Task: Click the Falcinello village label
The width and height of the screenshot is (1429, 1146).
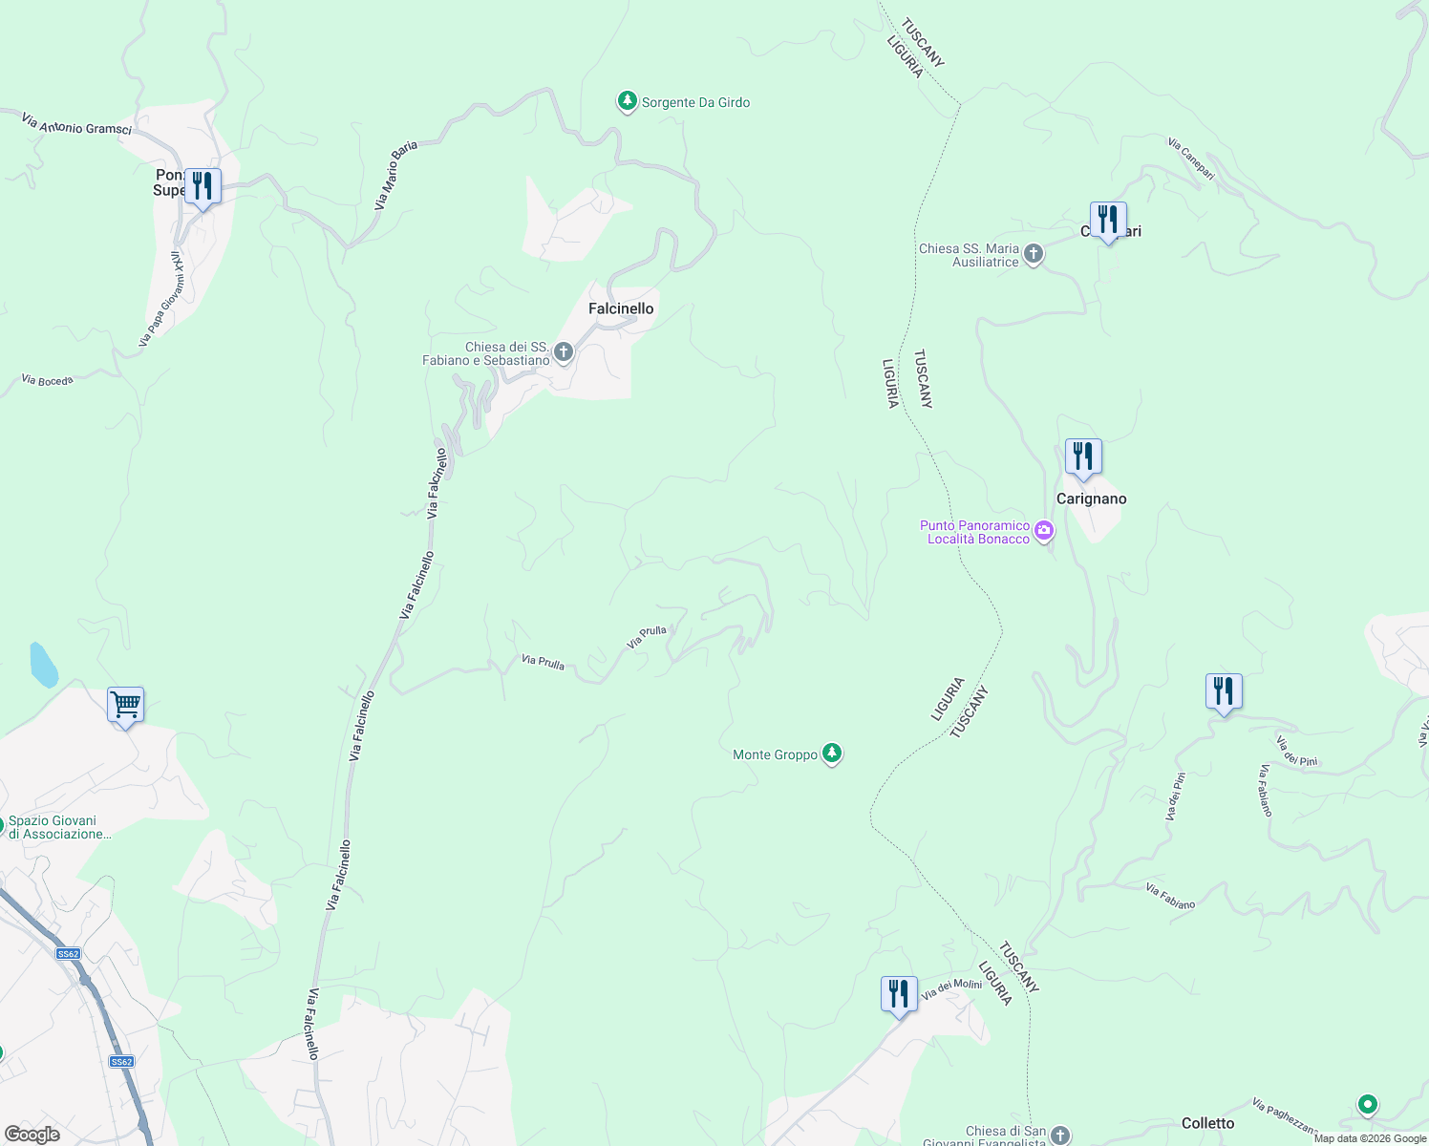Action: [x=621, y=308]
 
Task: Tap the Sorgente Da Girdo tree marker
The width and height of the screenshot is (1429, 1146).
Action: [x=627, y=101]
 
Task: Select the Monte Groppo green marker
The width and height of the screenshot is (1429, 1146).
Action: [x=832, y=754]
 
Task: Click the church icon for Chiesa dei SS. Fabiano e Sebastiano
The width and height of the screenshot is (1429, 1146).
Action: [x=564, y=353]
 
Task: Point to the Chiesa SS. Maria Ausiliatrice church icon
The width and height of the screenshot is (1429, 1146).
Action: [x=1033, y=254]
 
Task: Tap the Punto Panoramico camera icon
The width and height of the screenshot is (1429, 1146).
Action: [x=1044, y=531]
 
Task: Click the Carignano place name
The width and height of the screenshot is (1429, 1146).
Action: [x=1091, y=499]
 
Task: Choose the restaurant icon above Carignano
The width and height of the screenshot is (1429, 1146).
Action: [x=1083, y=456]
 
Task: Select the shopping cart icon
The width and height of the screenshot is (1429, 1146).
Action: [x=126, y=706]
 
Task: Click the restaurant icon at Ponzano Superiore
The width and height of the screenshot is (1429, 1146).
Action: [x=202, y=185]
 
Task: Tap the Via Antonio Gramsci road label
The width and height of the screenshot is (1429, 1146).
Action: [x=76, y=123]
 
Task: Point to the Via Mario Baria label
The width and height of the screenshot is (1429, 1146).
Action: [x=396, y=176]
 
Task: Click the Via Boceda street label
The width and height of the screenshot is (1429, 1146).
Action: [x=47, y=380]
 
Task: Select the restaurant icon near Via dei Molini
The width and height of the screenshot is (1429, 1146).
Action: [x=898, y=994]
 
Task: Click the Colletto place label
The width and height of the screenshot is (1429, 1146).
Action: [x=1207, y=1123]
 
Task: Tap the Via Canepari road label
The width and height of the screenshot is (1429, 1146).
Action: [x=1191, y=159]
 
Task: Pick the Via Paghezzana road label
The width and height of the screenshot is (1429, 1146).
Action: [x=1286, y=1116]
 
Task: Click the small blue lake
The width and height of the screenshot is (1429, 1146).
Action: [x=43, y=665]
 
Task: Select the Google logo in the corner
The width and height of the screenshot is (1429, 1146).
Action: [x=32, y=1135]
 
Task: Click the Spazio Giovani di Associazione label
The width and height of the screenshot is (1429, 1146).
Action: [x=59, y=827]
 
